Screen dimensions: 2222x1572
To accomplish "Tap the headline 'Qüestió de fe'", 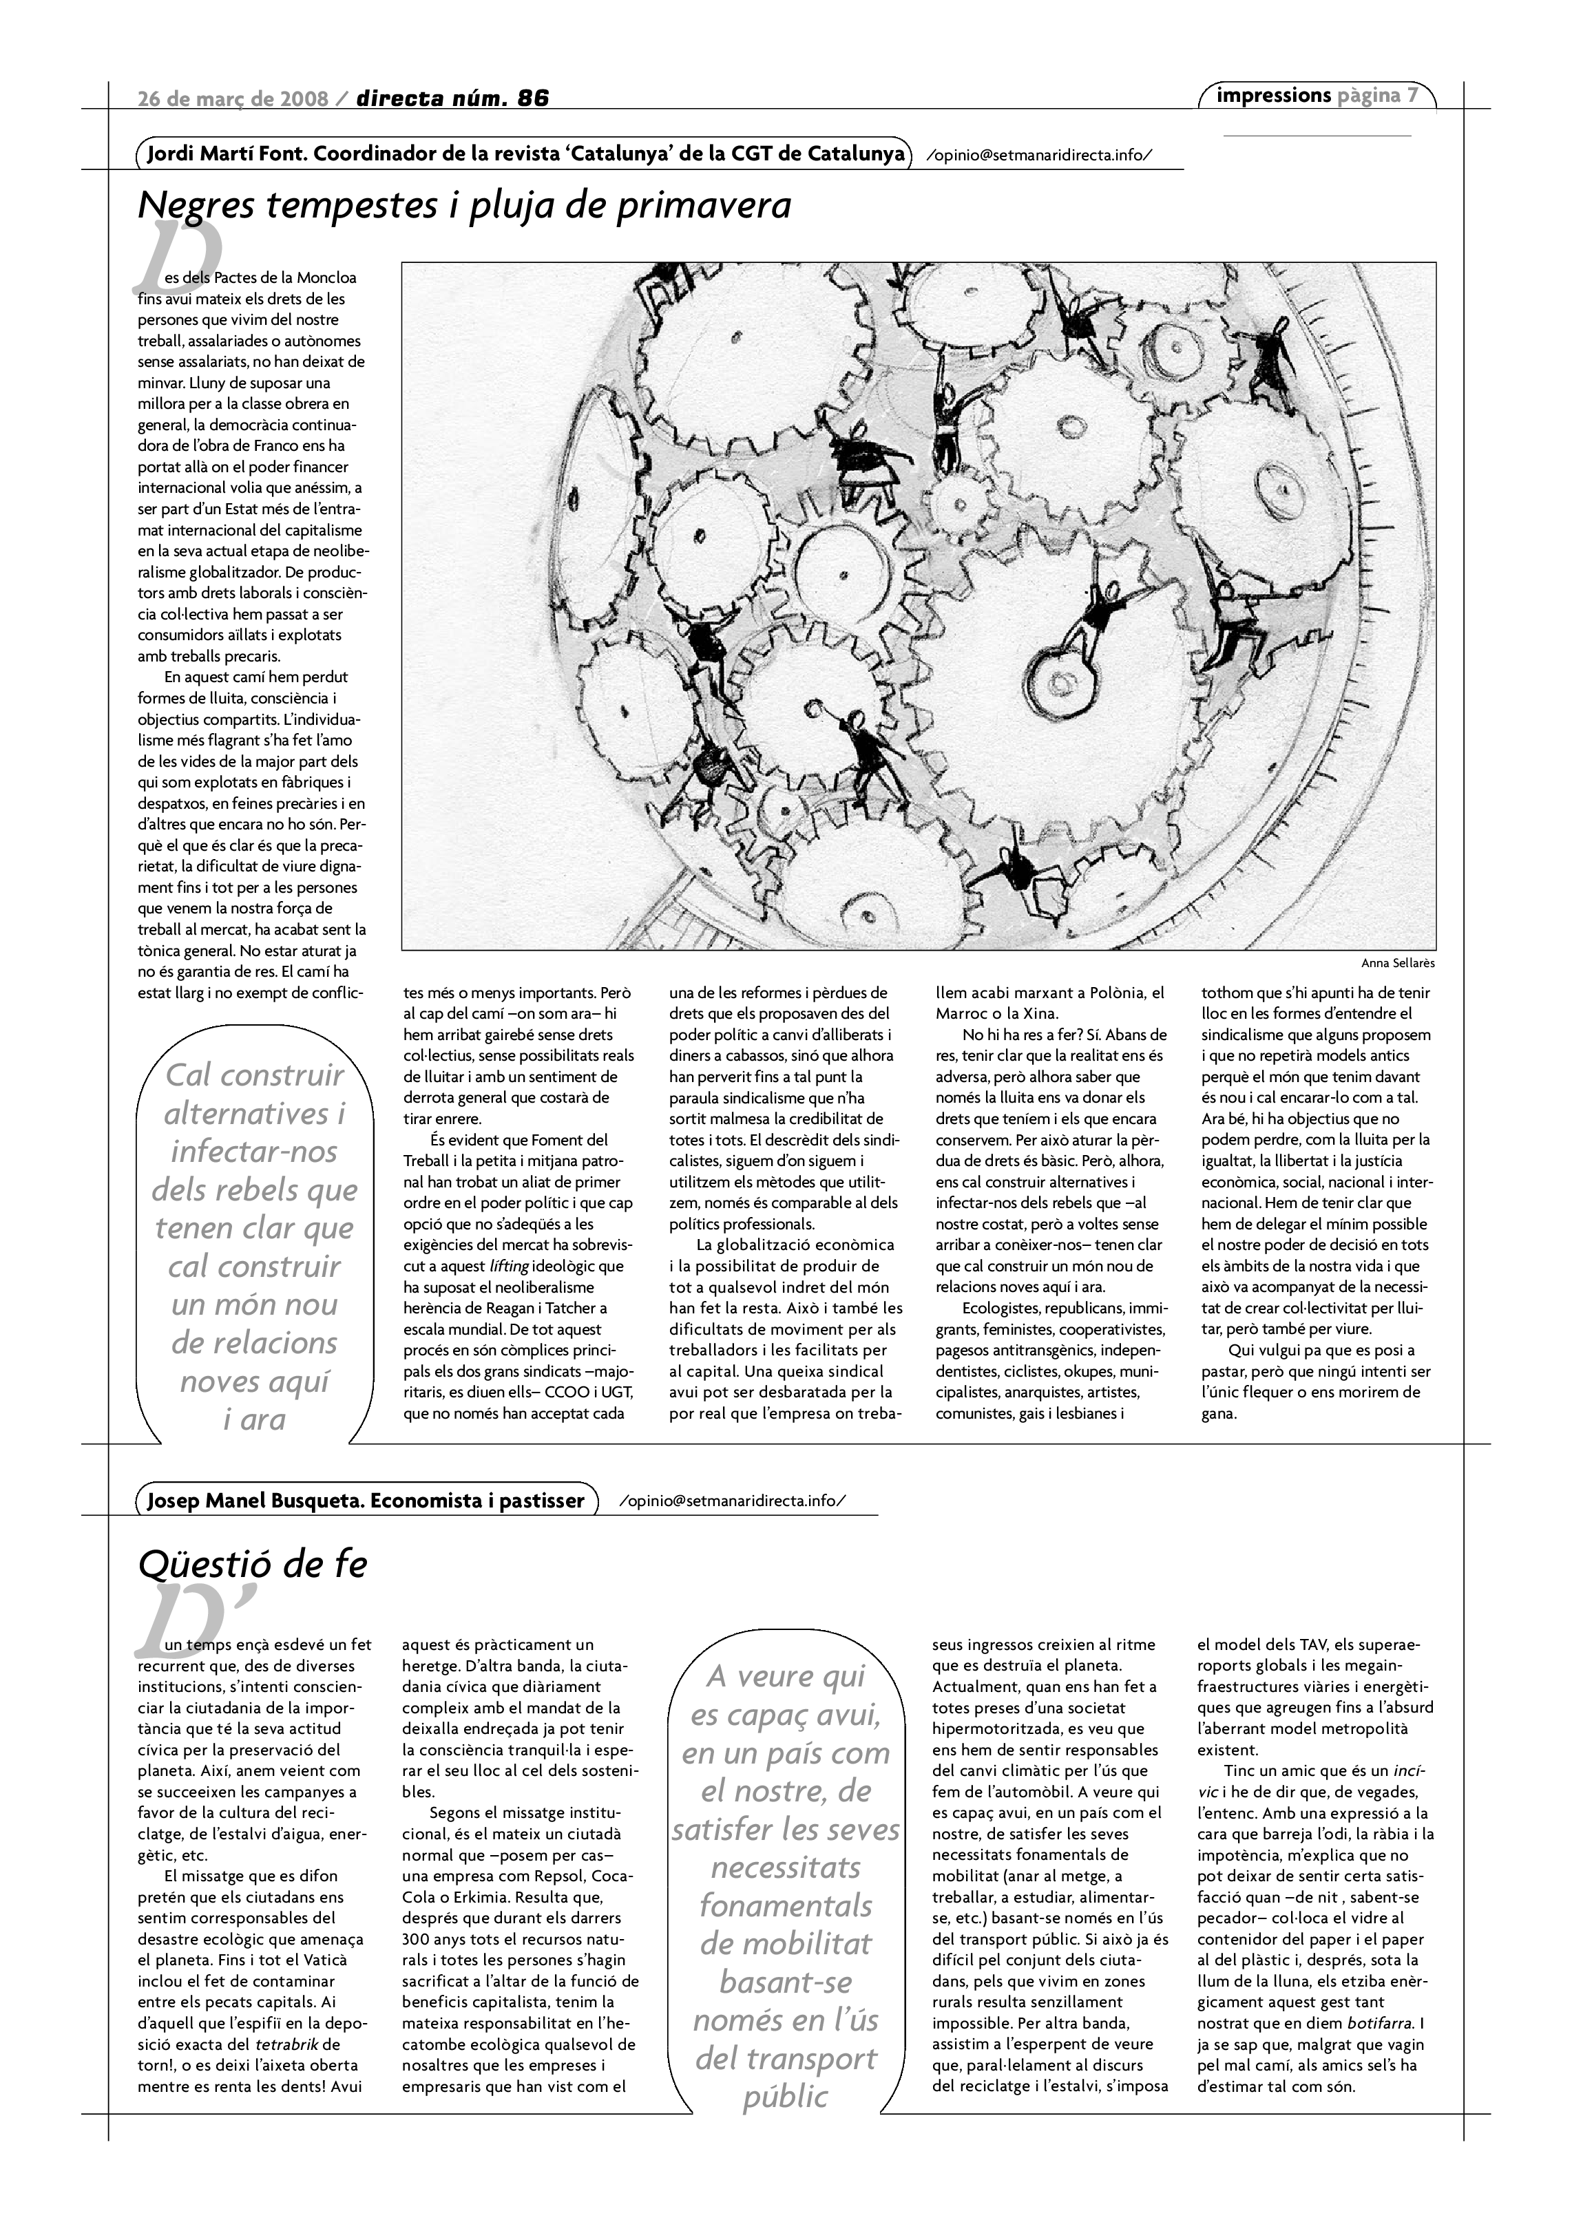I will (253, 1565).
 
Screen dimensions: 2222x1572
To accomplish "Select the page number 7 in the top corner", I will (1413, 95).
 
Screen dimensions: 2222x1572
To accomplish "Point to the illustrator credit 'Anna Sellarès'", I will (1397, 963).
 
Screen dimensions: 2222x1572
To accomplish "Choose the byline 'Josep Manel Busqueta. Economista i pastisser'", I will (366, 1500).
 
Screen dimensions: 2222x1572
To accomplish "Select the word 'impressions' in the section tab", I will (1274, 95).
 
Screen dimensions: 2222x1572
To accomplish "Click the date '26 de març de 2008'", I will (233, 98).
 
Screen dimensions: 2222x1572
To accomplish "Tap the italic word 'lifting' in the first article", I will (508, 1266).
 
